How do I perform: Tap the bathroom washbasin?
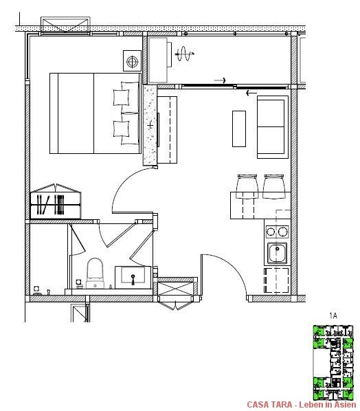[x=133, y=277]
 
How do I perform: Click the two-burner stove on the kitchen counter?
[x=278, y=232]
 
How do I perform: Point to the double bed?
[x=95, y=113]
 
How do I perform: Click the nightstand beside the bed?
[x=131, y=61]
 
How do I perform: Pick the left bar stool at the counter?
[x=247, y=186]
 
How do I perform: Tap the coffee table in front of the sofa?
[x=239, y=128]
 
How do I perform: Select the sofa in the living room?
[x=272, y=127]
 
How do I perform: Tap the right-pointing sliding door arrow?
[x=220, y=81]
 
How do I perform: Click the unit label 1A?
[x=333, y=315]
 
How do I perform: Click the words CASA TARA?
[x=270, y=405]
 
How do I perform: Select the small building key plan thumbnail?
[x=333, y=362]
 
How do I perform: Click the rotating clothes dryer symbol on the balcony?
[x=183, y=53]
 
